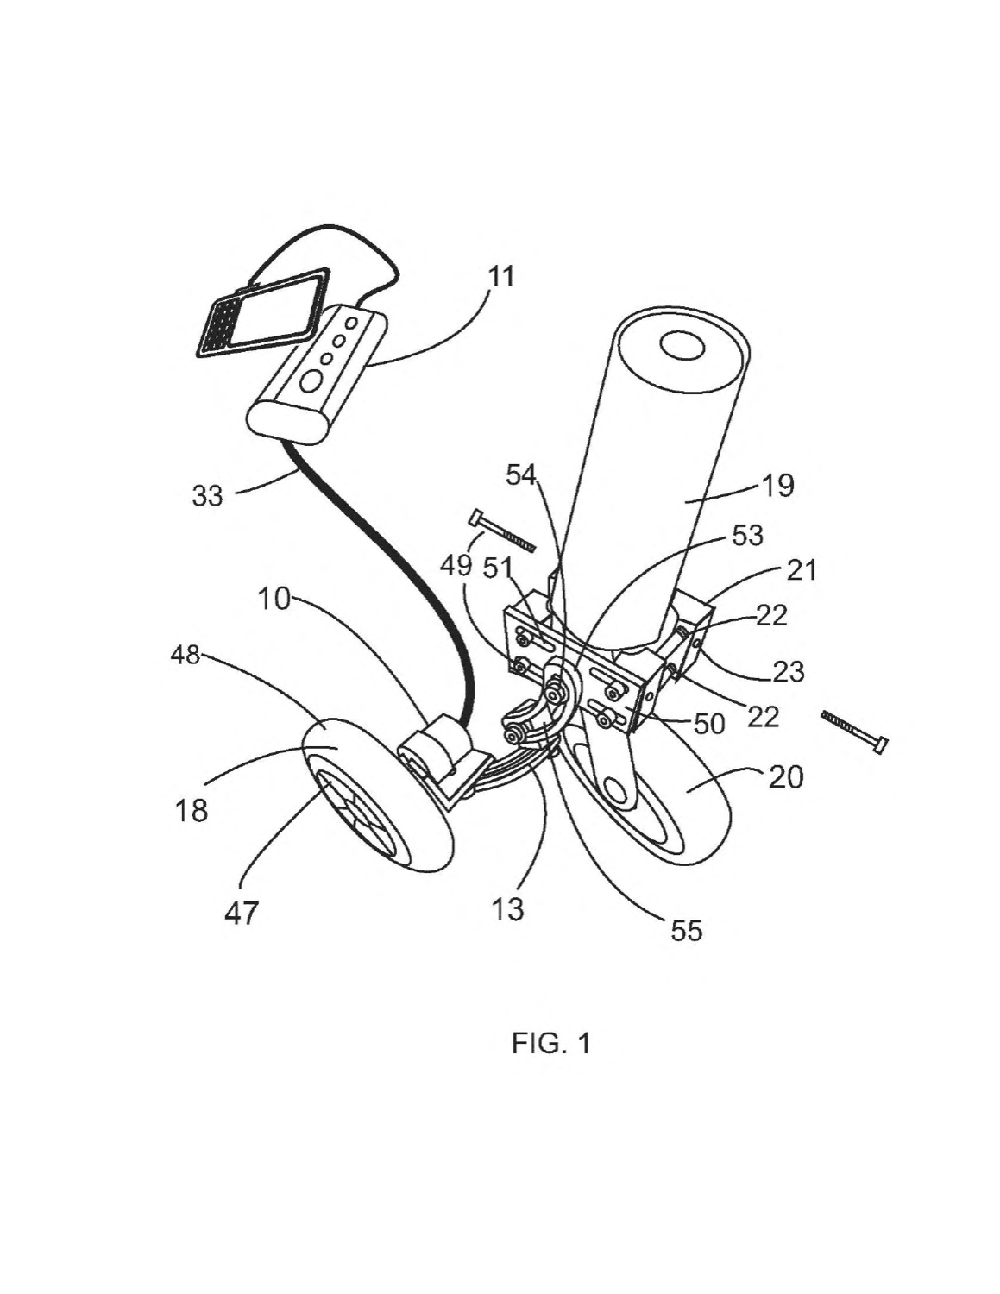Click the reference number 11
(x=500, y=277)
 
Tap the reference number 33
(x=208, y=495)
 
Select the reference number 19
(x=777, y=486)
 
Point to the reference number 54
(x=522, y=475)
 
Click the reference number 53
(x=747, y=536)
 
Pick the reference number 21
(x=800, y=570)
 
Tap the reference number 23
(x=789, y=672)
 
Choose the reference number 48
(x=185, y=656)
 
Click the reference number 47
(x=242, y=913)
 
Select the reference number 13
(x=508, y=909)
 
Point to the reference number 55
(x=687, y=930)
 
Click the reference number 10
(x=274, y=599)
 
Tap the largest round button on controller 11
(x=311, y=381)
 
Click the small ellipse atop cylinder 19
(x=682, y=345)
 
